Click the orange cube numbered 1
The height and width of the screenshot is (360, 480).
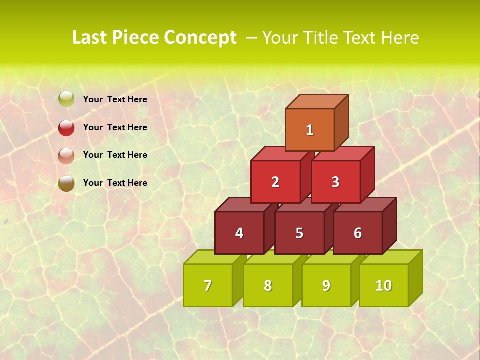[310, 130]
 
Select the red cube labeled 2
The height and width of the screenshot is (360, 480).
[275, 182]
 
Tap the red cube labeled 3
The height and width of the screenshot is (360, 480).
[335, 182]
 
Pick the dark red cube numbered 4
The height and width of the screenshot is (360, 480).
[239, 233]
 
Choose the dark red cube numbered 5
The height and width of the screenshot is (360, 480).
[299, 233]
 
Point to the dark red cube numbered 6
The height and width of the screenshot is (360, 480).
[358, 233]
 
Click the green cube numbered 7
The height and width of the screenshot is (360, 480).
[208, 285]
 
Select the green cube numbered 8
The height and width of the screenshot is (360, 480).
[268, 285]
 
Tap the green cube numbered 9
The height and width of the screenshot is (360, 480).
[326, 285]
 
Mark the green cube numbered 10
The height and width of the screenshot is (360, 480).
[383, 285]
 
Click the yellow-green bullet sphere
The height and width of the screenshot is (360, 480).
[66, 99]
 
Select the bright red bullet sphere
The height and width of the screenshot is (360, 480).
[66, 127]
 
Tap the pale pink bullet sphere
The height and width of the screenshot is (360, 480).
[66, 155]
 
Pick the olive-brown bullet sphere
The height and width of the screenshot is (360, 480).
[66, 183]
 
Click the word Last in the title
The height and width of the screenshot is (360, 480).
[90, 38]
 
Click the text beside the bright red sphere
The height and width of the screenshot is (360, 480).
[115, 127]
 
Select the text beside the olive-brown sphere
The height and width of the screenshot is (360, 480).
[115, 183]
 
